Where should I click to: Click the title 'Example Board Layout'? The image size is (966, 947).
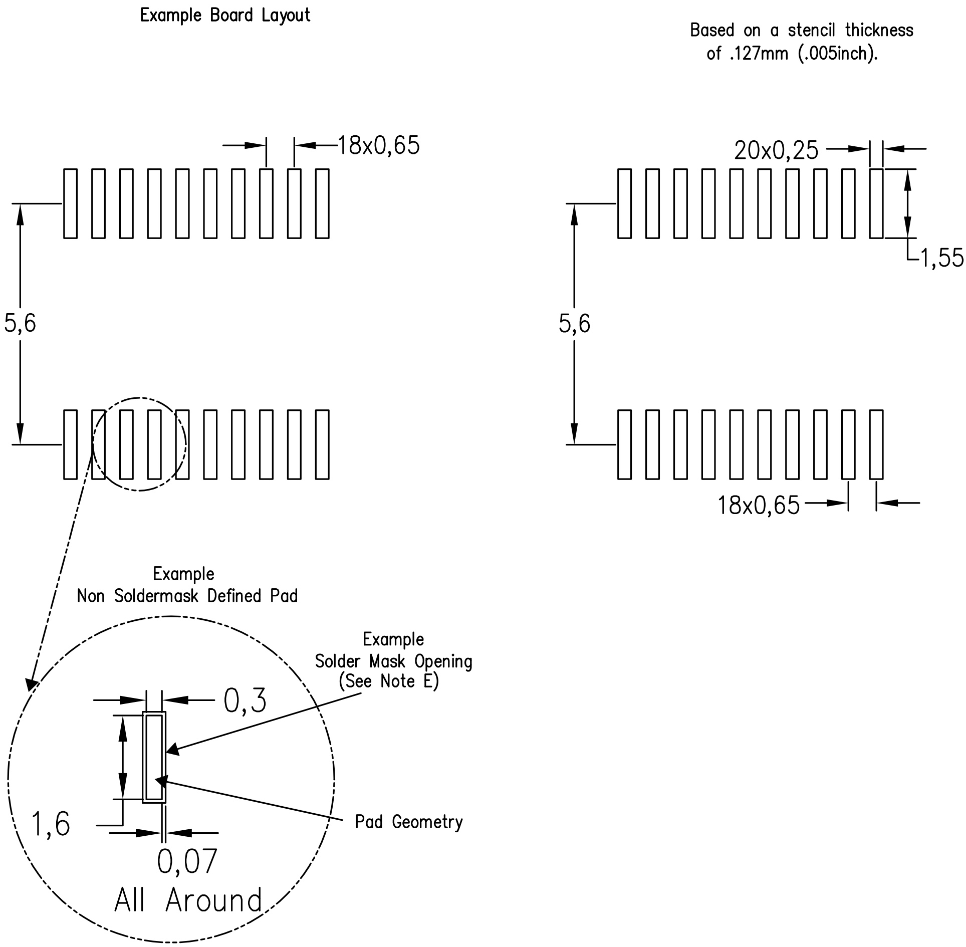click(225, 16)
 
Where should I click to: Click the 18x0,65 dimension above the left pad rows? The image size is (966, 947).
click(379, 146)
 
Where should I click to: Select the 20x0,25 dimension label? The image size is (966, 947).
click(776, 150)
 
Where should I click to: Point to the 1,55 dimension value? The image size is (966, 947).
click(942, 259)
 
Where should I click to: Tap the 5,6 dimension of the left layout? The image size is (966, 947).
click(20, 323)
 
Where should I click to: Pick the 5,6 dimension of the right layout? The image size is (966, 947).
click(574, 323)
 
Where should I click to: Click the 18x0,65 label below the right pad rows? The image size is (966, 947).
click(759, 505)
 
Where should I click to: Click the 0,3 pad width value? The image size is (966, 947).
click(245, 700)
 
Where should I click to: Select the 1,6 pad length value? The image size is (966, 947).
click(51, 824)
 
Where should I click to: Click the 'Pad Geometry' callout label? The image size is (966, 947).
click(409, 822)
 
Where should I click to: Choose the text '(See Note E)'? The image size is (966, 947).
click(389, 681)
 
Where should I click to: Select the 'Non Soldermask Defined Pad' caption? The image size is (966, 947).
click(187, 596)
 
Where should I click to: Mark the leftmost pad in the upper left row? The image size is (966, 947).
click(71, 203)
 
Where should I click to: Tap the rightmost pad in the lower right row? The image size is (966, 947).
click(876, 444)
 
